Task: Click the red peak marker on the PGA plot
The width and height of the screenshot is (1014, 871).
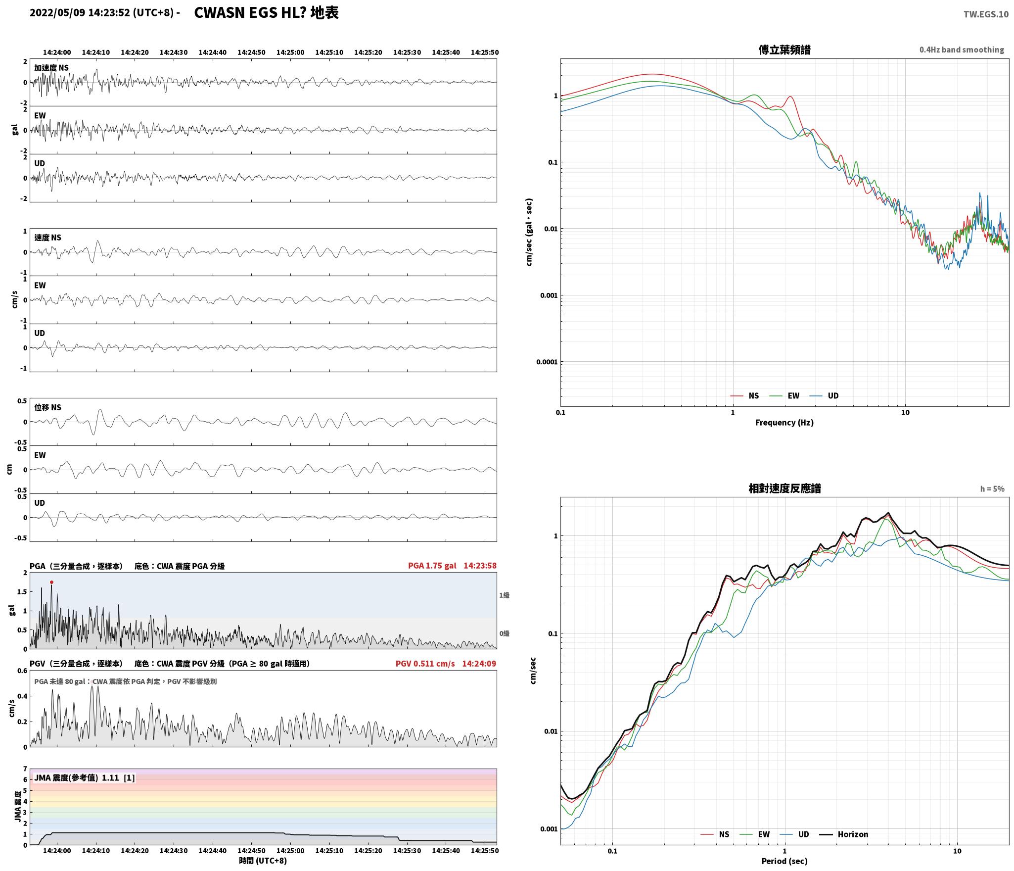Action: [51, 582]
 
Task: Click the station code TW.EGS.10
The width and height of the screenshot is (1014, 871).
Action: [985, 14]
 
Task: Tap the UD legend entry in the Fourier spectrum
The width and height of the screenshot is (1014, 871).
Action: [824, 395]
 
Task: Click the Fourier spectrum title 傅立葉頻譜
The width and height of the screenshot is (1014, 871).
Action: [784, 49]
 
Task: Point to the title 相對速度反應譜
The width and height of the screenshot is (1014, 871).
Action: [784, 488]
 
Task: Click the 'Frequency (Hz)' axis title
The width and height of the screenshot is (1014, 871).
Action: [784, 422]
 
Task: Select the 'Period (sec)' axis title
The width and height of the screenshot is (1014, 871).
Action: [784, 861]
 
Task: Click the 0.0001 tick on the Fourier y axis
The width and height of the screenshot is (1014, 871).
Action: [547, 362]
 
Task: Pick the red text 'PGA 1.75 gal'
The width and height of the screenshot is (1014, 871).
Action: [432, 566]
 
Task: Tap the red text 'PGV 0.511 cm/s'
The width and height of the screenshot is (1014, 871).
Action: [425, 664]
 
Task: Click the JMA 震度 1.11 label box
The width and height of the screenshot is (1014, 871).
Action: [84, 778]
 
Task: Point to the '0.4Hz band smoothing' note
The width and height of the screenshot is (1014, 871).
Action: [962, 49]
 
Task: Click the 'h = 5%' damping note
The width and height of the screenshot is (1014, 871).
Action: [992, 489]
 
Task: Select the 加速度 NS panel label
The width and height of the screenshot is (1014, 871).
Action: [51, 68]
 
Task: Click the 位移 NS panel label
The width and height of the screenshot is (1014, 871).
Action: [47, 407]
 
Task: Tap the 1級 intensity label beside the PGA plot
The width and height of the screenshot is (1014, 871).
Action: [504, 595]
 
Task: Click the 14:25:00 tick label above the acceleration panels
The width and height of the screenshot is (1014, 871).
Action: [290, 52]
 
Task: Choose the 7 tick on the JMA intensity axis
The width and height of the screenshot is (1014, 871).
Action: [25, 769]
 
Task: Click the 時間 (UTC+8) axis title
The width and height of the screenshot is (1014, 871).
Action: [263, 861]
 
